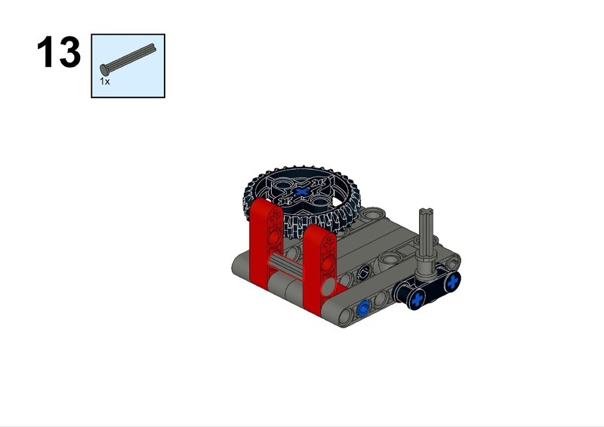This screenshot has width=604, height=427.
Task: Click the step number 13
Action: [59, 52]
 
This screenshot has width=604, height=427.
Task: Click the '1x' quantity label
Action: [105, 81]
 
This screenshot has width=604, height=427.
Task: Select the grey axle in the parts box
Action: [128, 59]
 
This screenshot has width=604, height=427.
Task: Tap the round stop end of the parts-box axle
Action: [104, 69]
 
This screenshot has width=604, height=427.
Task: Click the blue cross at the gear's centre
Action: [301, 192]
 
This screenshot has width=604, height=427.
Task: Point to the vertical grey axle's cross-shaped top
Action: [427, 212]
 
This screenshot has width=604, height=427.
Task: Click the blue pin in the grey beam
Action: [363, 309]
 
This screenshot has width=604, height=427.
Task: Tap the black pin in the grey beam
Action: [363, 273]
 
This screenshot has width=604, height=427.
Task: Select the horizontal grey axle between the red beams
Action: [286, 266]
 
